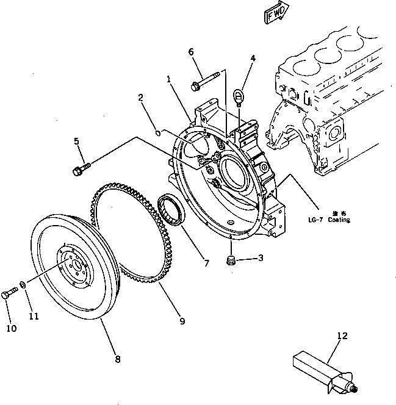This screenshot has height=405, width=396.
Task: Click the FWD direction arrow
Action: point(275,14)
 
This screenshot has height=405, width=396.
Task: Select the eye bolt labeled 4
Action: point(240,96)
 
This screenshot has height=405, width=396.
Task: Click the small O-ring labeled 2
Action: point(157,131)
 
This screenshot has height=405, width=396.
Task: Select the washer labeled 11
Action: point(22,285)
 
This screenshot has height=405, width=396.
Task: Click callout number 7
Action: point(206,264)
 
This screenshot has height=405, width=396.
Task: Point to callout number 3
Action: point(261,259)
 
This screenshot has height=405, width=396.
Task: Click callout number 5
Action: point(76,142)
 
